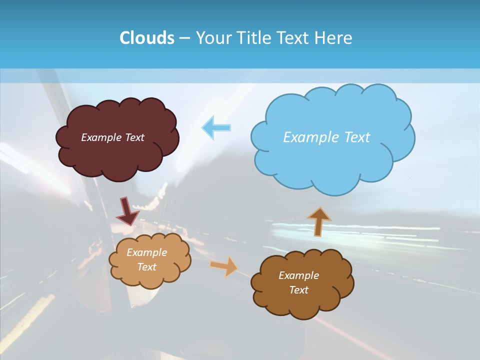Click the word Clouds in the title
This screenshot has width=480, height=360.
pyautogui.click(x=146, y=38)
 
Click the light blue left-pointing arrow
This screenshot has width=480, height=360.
pyautogui.click(x=216, y=127)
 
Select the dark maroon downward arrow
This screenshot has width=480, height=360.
pyautogui.click(x=127, y=211)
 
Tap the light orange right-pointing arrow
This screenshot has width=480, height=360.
pyautogui.click(x=224, y=266)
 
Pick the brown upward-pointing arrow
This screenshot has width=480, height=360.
pyautogui.click(x=319, y=221)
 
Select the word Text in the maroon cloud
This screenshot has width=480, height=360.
pyautogui.click(x=134, y=137)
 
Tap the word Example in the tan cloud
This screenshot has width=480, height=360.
pyautogui.click(x=147, y=252)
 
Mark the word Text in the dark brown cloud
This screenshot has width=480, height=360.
pyautogui.click(x=299, y=290)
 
